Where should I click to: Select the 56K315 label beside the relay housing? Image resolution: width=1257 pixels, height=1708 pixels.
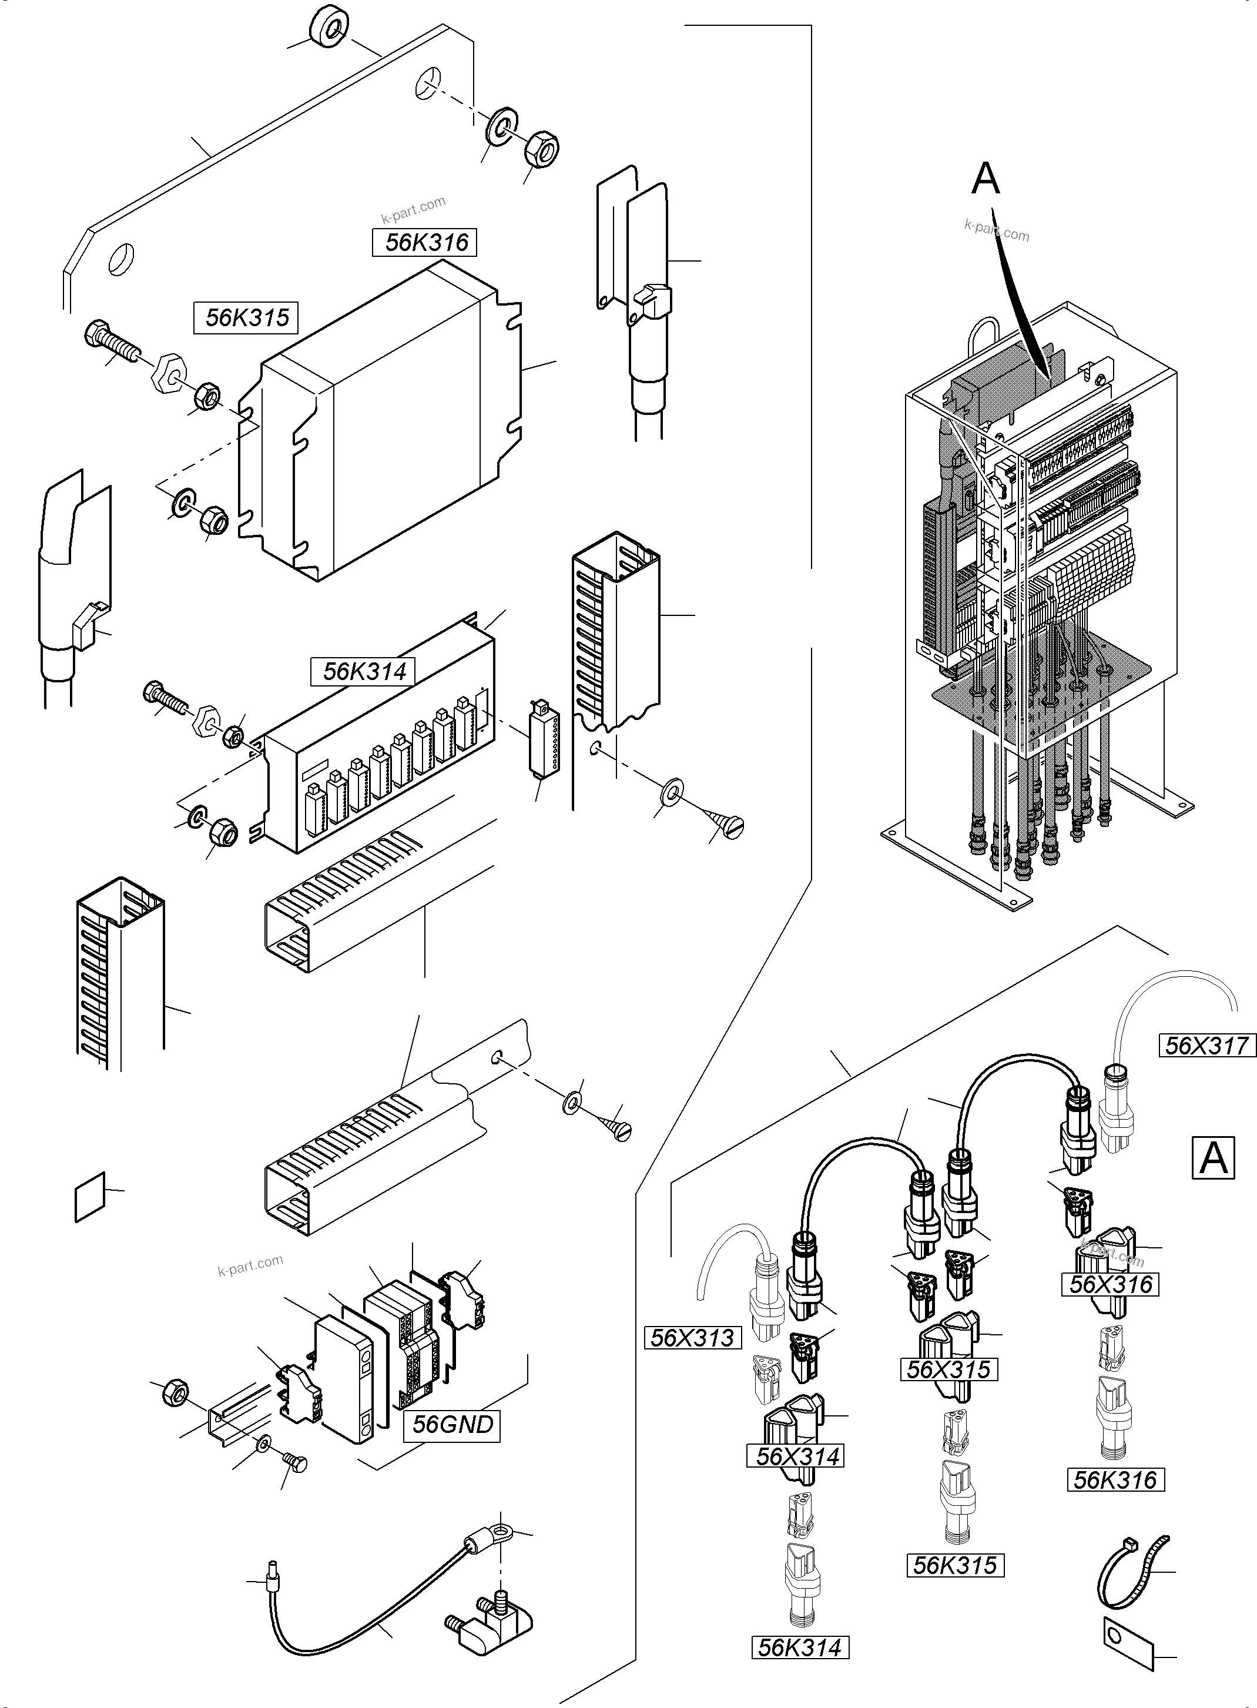click(247, 317)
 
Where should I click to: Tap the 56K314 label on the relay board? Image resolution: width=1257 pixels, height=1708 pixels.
click(364, 671)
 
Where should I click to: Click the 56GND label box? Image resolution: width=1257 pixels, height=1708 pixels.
click(452, 1424)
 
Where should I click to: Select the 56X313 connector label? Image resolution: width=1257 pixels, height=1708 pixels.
click(692, 1338)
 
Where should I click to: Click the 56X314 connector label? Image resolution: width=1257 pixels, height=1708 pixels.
click(798, 1456)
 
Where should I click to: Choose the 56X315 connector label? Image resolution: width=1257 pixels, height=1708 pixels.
click(948, 1369)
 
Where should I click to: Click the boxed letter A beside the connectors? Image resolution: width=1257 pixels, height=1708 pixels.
click(1213, 1158)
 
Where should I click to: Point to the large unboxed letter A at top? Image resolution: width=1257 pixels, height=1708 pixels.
click(986, 179)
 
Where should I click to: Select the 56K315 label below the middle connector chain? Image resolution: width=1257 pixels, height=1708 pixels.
click(955, 1565)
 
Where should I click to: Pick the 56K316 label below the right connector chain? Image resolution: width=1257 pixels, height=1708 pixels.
click(1115, 1480)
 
